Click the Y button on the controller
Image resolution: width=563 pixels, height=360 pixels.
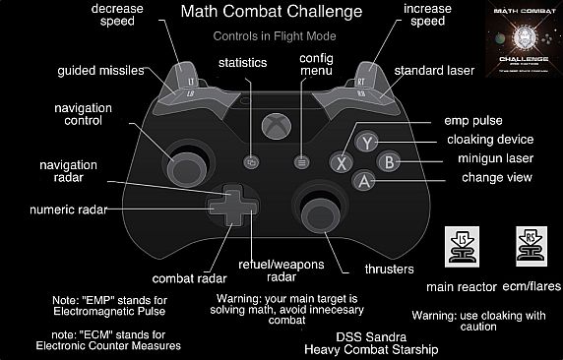point(366,142)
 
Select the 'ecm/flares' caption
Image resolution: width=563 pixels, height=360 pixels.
point(530,287)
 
